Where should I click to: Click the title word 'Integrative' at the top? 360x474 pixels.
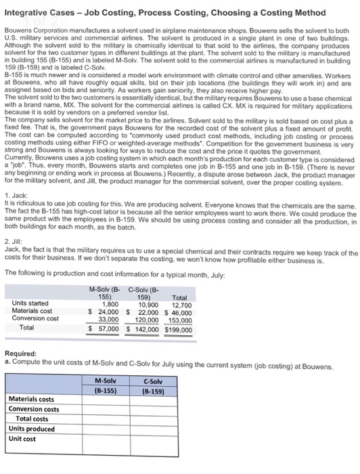tap(28, 13)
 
